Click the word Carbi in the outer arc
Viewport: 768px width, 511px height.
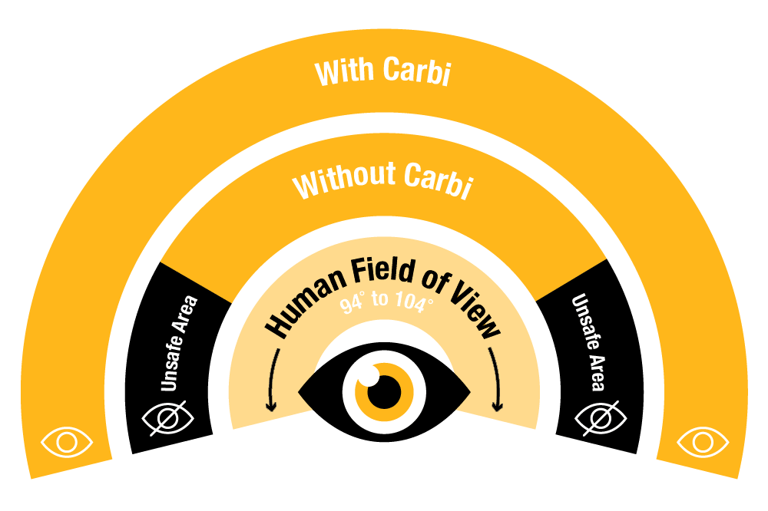pyautogui.click(x=417, y=71)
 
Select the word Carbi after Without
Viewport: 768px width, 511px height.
pyautogui.click(x=439, y=180)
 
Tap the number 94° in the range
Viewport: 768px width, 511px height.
pyautogui.click(x=352, y=305)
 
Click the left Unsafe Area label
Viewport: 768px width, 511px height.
pyautogui.click(x=179, y=343)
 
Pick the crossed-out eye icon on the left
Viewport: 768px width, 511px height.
pyautogui.click(x=167, y=418)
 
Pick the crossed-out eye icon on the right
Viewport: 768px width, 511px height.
pyautogui.click(x=601, y=418)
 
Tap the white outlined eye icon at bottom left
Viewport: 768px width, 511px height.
pyautogui.click(x=67, y=443)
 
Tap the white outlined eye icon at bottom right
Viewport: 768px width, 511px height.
pyautogui.click(x=703, y=443)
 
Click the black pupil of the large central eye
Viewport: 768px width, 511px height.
pyautogui.click(x=385, y=392)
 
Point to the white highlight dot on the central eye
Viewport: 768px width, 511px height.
pyautogui.click(x=369, y=376)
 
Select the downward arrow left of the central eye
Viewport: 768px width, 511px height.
pyautogui.click(x=273, y=379)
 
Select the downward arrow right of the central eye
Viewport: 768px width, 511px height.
pyautogui.click(x=495, y=379)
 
